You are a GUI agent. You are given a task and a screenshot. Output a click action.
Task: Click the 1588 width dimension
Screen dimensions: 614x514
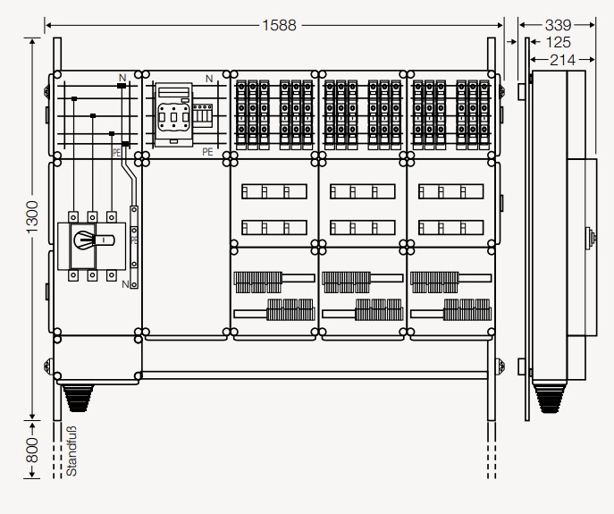pos(279,25)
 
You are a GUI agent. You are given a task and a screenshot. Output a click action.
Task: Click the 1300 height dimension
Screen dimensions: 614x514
pos(32,216)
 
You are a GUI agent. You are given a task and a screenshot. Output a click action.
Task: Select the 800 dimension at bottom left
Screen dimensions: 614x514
pos(32,451)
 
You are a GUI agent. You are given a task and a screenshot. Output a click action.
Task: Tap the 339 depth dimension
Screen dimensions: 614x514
pos(558,25)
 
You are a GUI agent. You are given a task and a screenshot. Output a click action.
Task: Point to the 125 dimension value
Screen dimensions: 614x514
pos(558,42)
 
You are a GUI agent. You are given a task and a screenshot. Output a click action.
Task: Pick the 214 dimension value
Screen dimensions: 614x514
pos(562,60)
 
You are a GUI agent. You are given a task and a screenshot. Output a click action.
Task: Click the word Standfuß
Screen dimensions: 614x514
pos(71,451)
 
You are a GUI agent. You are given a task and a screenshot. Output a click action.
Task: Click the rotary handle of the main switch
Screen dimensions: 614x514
pos(93,240)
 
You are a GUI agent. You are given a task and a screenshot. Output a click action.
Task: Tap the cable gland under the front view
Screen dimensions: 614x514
pos(78,398)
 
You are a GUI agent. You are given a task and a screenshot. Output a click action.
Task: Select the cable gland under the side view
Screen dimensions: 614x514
pos(550,398)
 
